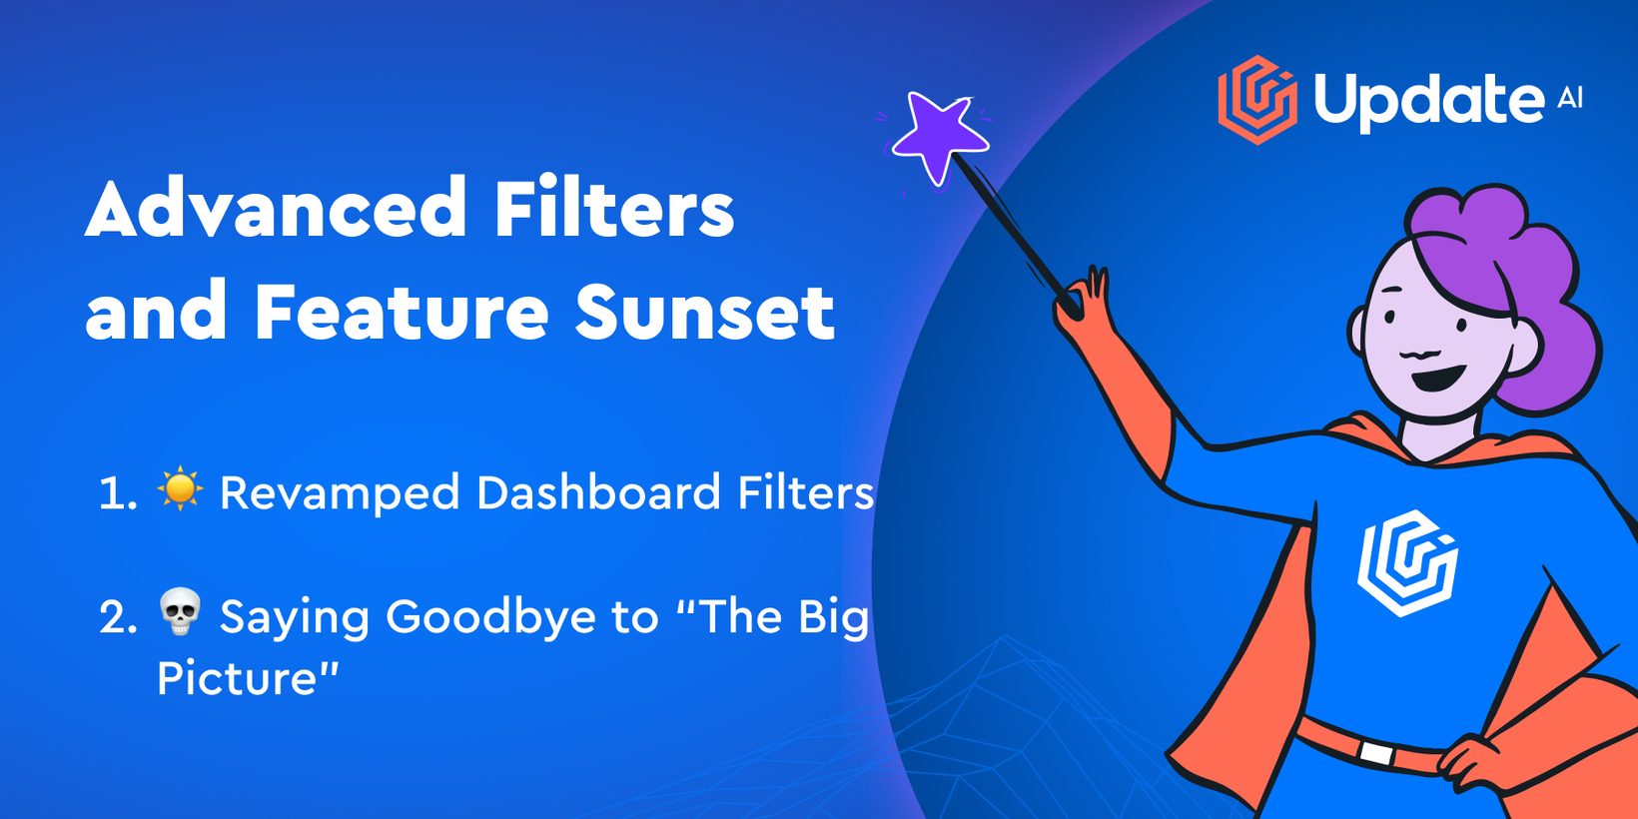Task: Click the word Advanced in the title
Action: [275, 207]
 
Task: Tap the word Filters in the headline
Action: [614, 207]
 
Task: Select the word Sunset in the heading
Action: [705, 313]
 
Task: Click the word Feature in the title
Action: [402, 313]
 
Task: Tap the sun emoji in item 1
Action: [180, 487]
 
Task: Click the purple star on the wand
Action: [940, 137]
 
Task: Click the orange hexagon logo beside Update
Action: [1257, 100]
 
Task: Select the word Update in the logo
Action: [1429, 102]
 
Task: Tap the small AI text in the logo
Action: [1570, 98]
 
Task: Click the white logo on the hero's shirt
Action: [1407, 563]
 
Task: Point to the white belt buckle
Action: [1375, 754]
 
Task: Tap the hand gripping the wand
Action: [1085, 300]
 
